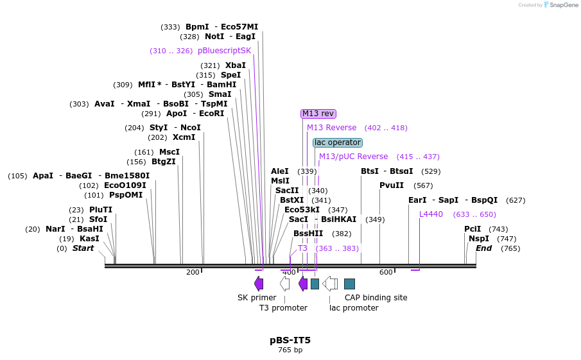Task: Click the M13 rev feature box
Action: [318, 114]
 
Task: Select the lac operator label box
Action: [338, 142]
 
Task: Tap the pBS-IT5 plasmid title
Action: [290, 339]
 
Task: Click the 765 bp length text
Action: [290, 350]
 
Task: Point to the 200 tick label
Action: [193, 272]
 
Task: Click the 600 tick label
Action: [386, 272]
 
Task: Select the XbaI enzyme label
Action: [236, 65]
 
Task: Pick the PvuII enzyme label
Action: [392, 185]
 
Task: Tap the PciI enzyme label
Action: [473, 229]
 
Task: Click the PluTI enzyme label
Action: [101, 210]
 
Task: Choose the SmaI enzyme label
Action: [220, 94]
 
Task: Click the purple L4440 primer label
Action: [431, 214]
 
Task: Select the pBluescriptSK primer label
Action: [224, 51]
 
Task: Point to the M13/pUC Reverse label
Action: [353, 157]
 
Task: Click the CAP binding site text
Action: [376, 298]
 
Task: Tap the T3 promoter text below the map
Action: [283, 308]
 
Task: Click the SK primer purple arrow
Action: [259, 283]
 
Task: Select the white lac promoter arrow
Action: [330, 283]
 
